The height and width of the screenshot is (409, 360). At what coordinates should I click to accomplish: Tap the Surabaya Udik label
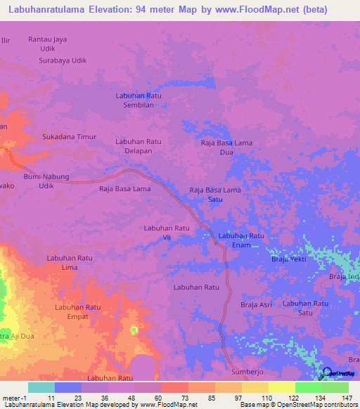[63, 60]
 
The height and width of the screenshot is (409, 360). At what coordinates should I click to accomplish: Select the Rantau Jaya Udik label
[47, 44]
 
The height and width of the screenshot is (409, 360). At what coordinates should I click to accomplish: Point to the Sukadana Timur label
[69, 137]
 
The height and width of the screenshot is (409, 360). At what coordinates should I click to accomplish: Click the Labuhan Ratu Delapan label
[139, 146]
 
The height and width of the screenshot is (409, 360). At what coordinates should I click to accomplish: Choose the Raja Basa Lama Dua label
[226, 147]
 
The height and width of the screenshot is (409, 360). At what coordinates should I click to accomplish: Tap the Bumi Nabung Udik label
[47, 181]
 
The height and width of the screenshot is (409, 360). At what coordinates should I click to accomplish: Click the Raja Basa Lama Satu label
[216, 195]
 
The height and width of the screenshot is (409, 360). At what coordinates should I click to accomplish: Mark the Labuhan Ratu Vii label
[167, 233]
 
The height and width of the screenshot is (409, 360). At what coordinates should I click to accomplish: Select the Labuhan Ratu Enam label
[241, 240]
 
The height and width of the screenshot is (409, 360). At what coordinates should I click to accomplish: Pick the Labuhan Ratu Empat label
[79, 311]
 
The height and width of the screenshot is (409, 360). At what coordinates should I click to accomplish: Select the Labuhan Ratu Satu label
[306, 307]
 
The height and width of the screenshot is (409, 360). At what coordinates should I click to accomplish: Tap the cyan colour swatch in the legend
[41, 387]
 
